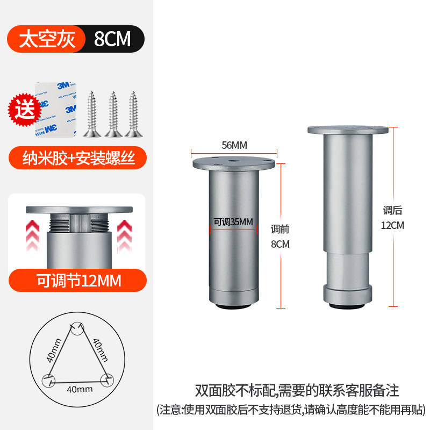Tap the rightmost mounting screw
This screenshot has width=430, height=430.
pyautogui.click(x=132, y=113)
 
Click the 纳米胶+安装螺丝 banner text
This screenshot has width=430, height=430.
pyautogui.click(x=77, y=158)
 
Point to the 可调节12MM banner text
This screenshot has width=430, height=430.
pyautogui.click(x=78, y=280)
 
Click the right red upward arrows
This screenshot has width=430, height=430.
pyautogui.click(x=125, y=233)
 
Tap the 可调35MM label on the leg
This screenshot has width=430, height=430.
pyautogui.click(x=233, y=221)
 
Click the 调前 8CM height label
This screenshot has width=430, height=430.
pyautogui.click(x=280, y=236)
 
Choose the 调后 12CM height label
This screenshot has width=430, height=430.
pyautogui.click(x=392, y=218)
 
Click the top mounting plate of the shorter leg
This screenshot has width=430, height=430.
pyautogui.click(x=233, y=162)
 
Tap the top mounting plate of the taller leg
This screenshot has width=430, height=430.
pyautogui.click(x=348, y=131)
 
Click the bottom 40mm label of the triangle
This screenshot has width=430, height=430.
pyautogui.click(x=77, y=389)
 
